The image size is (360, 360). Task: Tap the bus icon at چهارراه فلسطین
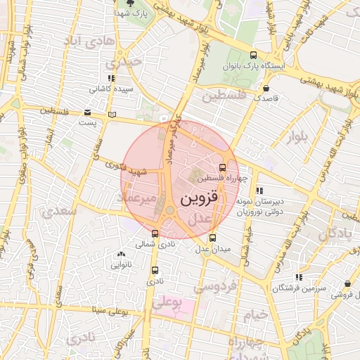click(223, 167)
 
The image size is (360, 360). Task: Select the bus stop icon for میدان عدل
click(213, 237)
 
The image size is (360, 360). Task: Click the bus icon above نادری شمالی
click(155, 233)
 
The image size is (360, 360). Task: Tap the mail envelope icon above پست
click(87, 112)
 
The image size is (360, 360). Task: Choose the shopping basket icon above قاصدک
click(266, 88)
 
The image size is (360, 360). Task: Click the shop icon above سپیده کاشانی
click(111, 78)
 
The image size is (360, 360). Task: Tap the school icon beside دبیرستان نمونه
click(259, 190)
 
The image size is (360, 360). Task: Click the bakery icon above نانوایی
click(121, 255)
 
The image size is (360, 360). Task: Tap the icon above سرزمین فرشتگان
click(300, 277)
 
